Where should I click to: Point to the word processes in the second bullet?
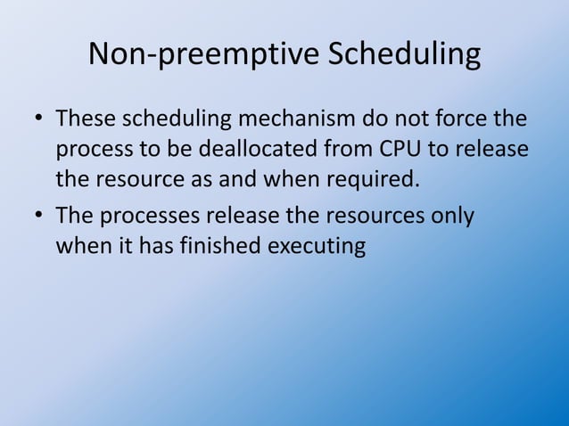click(x=147, y=216)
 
